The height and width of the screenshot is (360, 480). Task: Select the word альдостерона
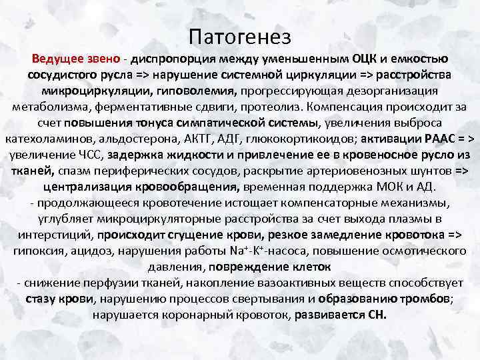147,139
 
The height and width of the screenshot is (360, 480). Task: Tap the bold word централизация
94,187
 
